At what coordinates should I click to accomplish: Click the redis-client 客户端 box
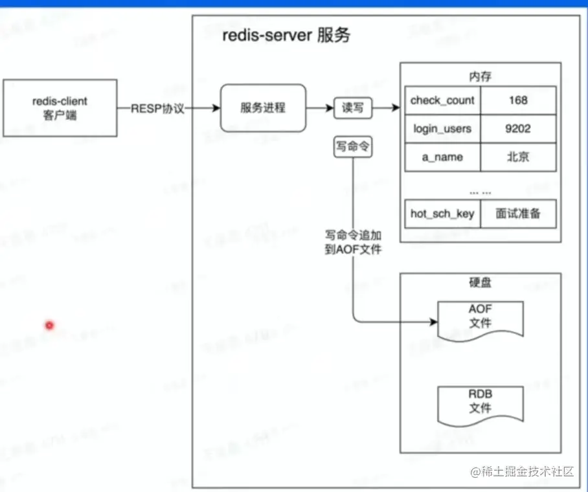[x=60, y=108]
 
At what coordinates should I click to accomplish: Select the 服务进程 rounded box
[x=263, y=108]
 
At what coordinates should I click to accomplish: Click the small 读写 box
[x=354, y=108]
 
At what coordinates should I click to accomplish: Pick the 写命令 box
[x=353, y=147]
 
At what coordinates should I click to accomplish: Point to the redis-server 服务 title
[x=286, y=35]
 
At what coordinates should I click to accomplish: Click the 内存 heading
[x=480, y=76]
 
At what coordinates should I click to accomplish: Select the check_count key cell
[x=442, y=100]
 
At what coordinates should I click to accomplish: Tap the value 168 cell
[x=518, y=100]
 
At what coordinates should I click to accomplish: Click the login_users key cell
[x=442, y=129]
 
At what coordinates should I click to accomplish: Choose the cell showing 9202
[x=518, y=129]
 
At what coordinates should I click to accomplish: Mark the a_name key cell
[x=442, y=157]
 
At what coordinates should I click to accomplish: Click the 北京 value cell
[x=518, y=157]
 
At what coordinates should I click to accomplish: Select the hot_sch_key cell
[x=442, y=214]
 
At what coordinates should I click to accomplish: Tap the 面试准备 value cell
[x=518, y=214]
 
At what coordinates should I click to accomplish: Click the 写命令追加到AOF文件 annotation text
[x=353, y=243]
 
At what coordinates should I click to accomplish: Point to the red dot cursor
[x=49, y=325]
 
